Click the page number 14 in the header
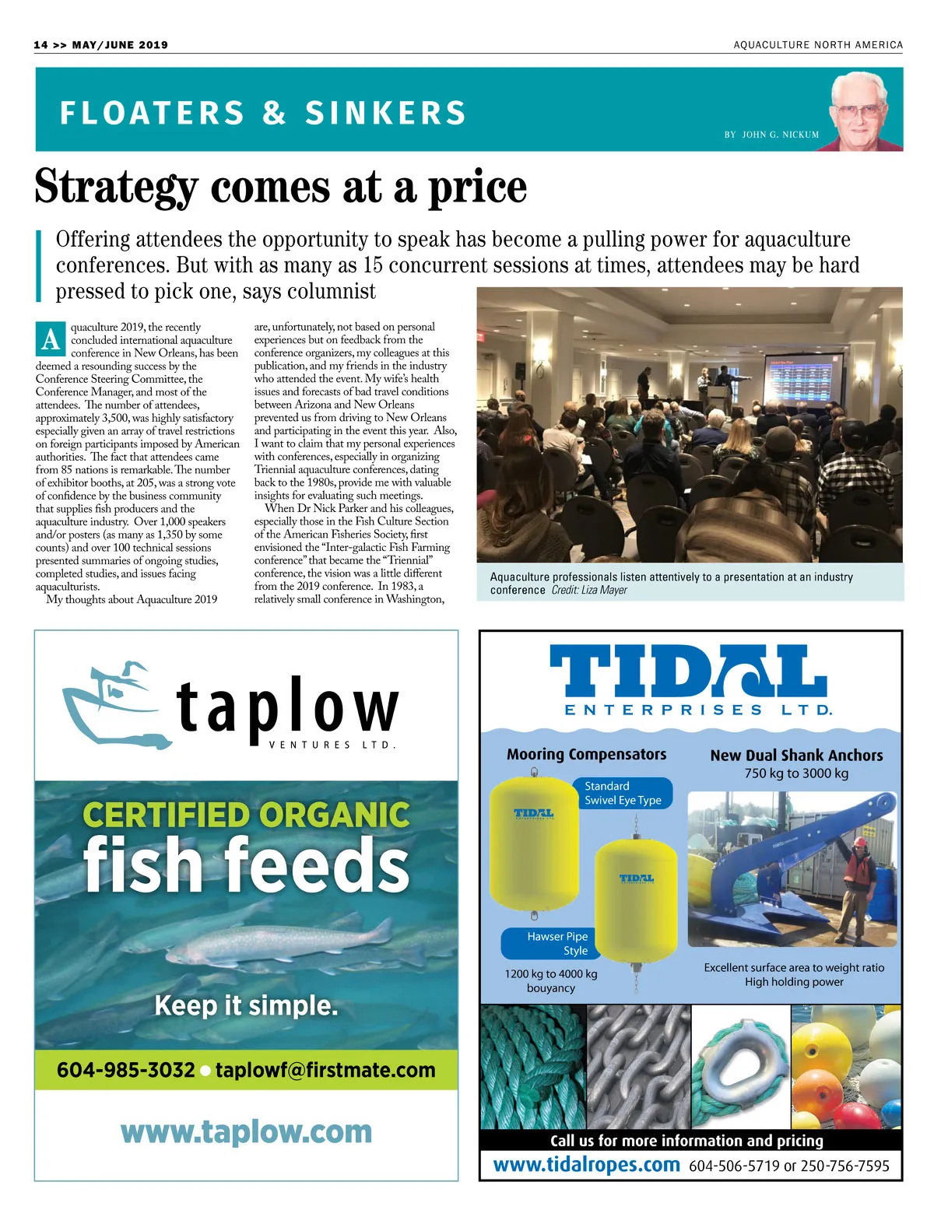coord(40,45)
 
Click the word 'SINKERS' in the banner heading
coord(385,114)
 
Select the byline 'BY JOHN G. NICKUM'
coord(771,135)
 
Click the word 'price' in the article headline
coord(477,188)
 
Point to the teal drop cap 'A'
coord(51,339)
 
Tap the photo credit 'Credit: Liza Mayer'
coord(589,591)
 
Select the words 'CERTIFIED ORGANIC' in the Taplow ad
coord(246,815)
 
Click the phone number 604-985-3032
coord(125,1070)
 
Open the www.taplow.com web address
coord(246,1131)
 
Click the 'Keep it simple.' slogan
coord(246,1005)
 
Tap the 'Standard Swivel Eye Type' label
coord(623,793)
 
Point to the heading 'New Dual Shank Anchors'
coord(796,755)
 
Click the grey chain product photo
coord(638,1066)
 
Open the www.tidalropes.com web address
coord(587,1165)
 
